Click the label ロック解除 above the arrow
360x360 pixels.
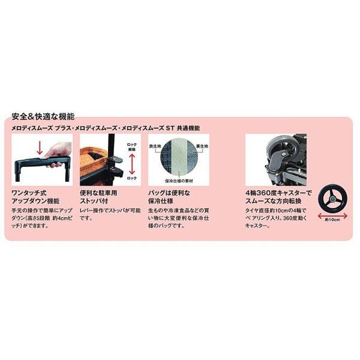point(132,147)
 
